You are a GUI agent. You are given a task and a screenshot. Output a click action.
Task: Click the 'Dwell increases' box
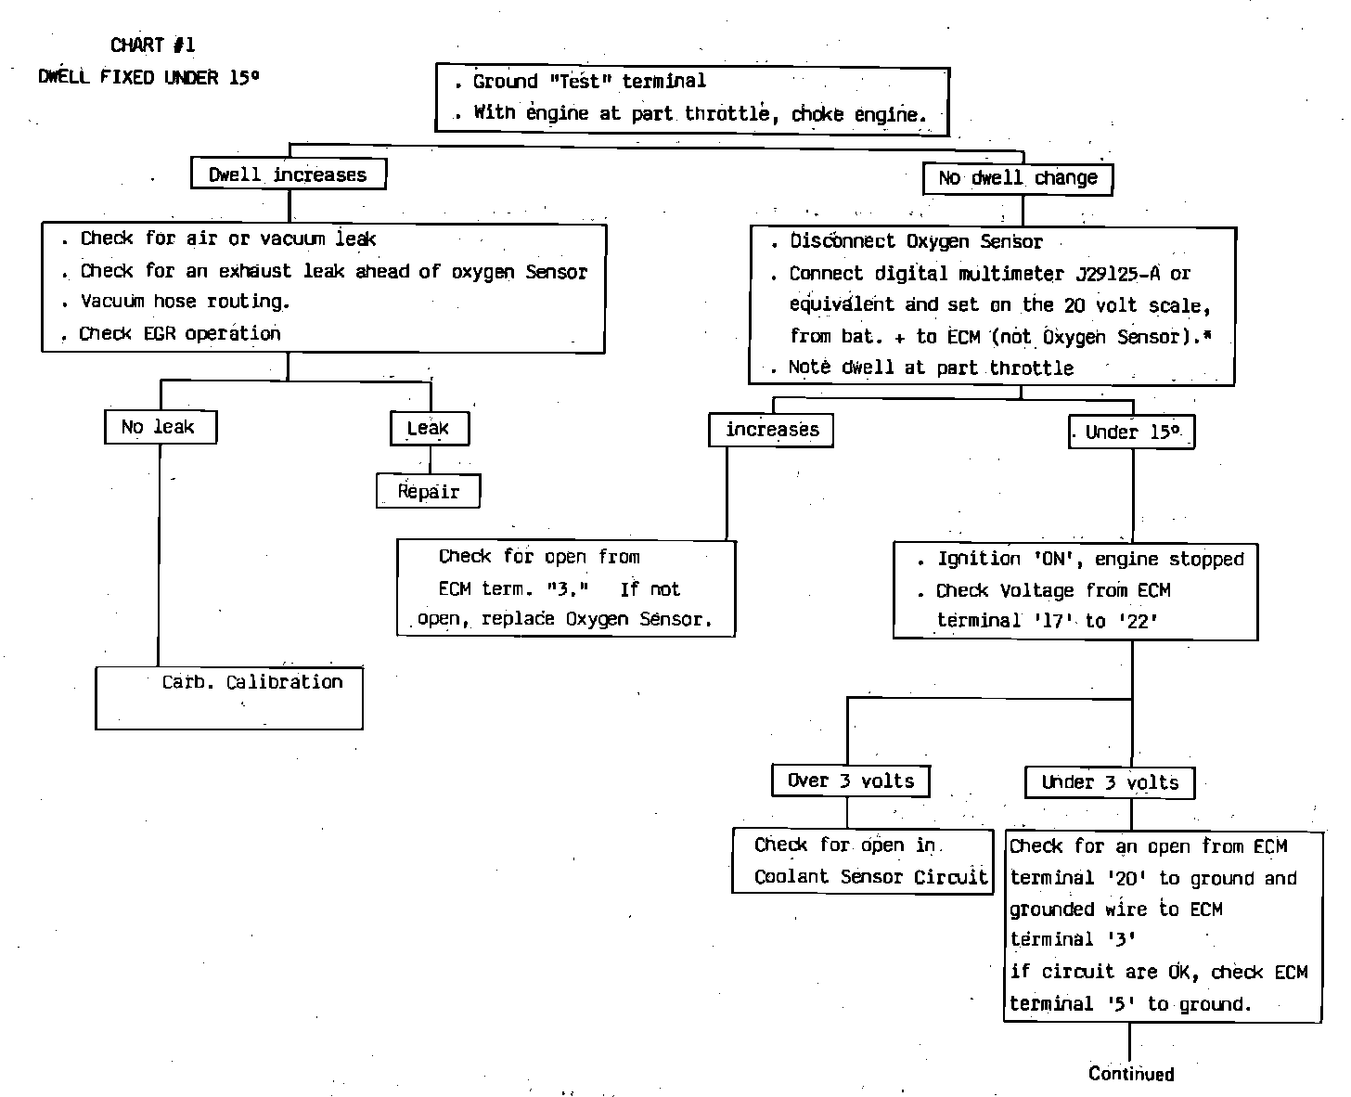[288, 174]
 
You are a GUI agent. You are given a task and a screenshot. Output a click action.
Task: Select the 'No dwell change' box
[1018, 178]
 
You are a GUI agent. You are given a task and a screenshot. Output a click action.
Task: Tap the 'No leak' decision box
[160, 427]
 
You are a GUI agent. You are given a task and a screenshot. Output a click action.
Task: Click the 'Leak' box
[429, 428]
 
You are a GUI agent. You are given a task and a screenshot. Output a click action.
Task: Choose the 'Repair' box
[428, 491]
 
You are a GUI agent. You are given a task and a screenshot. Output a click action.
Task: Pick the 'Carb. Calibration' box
[229, 697]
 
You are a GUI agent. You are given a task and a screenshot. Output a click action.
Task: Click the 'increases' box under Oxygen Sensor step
[771, 430]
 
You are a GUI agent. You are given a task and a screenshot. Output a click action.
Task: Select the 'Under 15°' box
[1131, 432]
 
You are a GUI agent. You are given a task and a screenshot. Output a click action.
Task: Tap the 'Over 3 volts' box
[850, 781]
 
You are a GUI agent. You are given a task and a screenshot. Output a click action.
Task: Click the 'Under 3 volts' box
[1110, 782]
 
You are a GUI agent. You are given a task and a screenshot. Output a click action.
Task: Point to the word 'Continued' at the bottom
[1131, 1074]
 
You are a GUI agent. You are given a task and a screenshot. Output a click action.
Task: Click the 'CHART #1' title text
[152, 45]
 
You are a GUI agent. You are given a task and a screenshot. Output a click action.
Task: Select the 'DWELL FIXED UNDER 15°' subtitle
[148, 77]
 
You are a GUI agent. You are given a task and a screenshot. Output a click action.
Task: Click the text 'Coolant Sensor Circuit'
[869, 877]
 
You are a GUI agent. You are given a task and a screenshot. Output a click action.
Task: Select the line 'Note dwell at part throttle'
[930, 368]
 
